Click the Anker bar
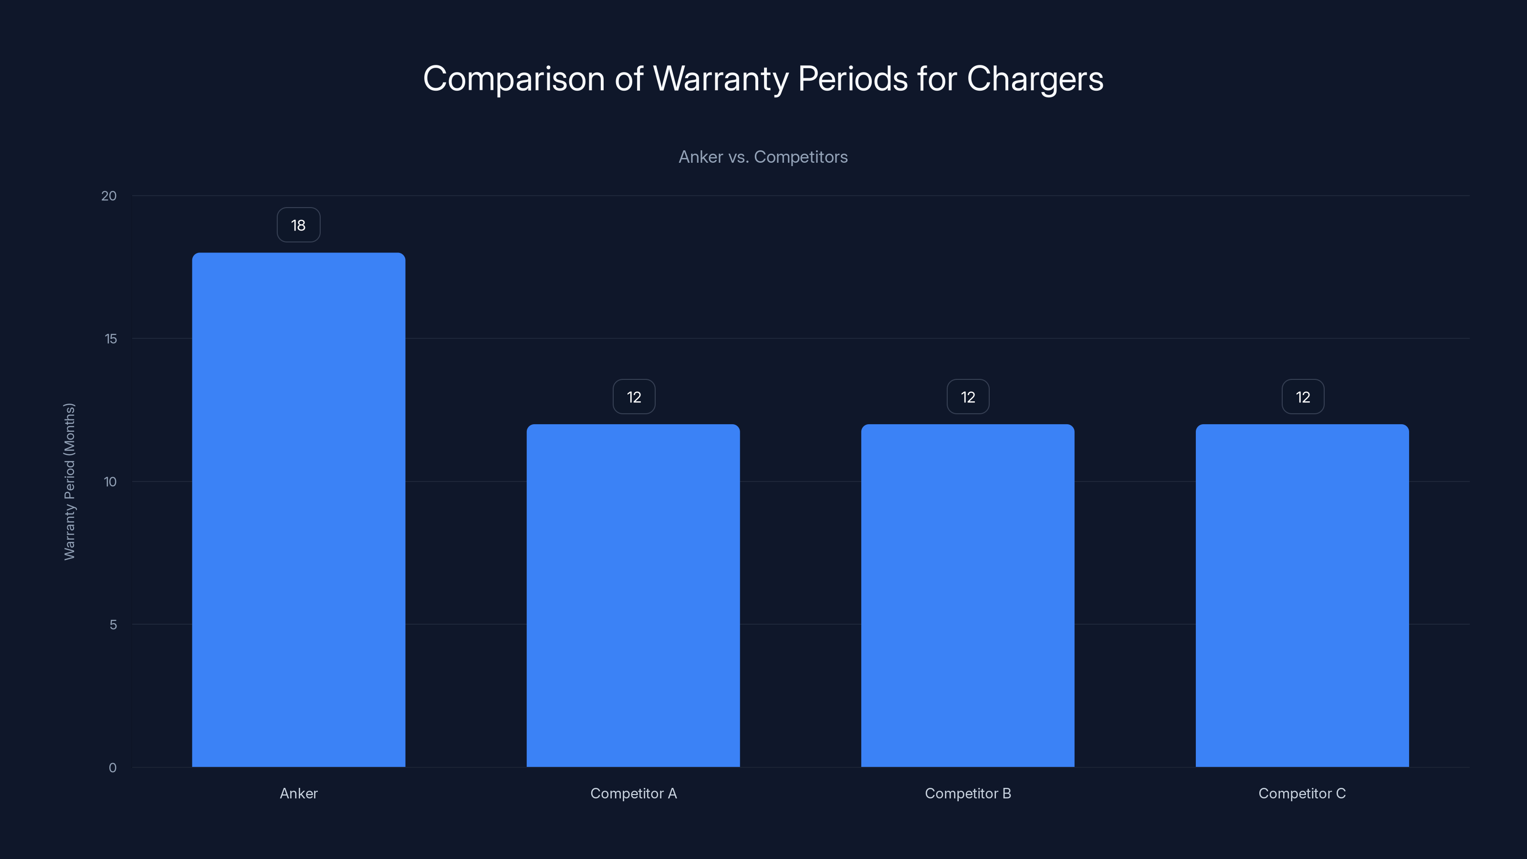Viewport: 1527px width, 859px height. (x=298, y=510)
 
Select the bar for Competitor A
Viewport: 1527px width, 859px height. (x=633, y=595)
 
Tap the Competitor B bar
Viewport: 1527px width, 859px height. (x=967, y=595)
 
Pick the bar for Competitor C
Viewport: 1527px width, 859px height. (x=1302, y=595)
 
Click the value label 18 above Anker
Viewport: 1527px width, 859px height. (x=298, y=225)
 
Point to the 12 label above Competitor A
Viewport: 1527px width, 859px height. (x=634, y=397)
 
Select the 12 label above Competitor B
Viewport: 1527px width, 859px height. (x=968, y=397)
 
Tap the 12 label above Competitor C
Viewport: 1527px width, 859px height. (x=1302, y=397)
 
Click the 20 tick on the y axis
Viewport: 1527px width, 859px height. (x=109, y=196)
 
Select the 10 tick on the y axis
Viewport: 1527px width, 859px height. (x=110, y=482)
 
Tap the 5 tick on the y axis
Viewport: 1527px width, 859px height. (x=113, y=624)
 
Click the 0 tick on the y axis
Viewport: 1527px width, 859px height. (x=113, y=768)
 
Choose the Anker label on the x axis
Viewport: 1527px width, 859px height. (x=298, y=793)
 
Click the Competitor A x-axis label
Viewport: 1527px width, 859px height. (x=633, y=793)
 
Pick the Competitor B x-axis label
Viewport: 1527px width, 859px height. (x=967, y=793)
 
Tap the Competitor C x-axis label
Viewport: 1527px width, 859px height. (x=1302, y=793)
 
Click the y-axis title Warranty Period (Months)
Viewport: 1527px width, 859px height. (x=69, y=482)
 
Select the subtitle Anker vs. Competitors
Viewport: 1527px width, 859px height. (x=763, y=157)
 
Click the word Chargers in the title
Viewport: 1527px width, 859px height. (x=1035, y=79)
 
